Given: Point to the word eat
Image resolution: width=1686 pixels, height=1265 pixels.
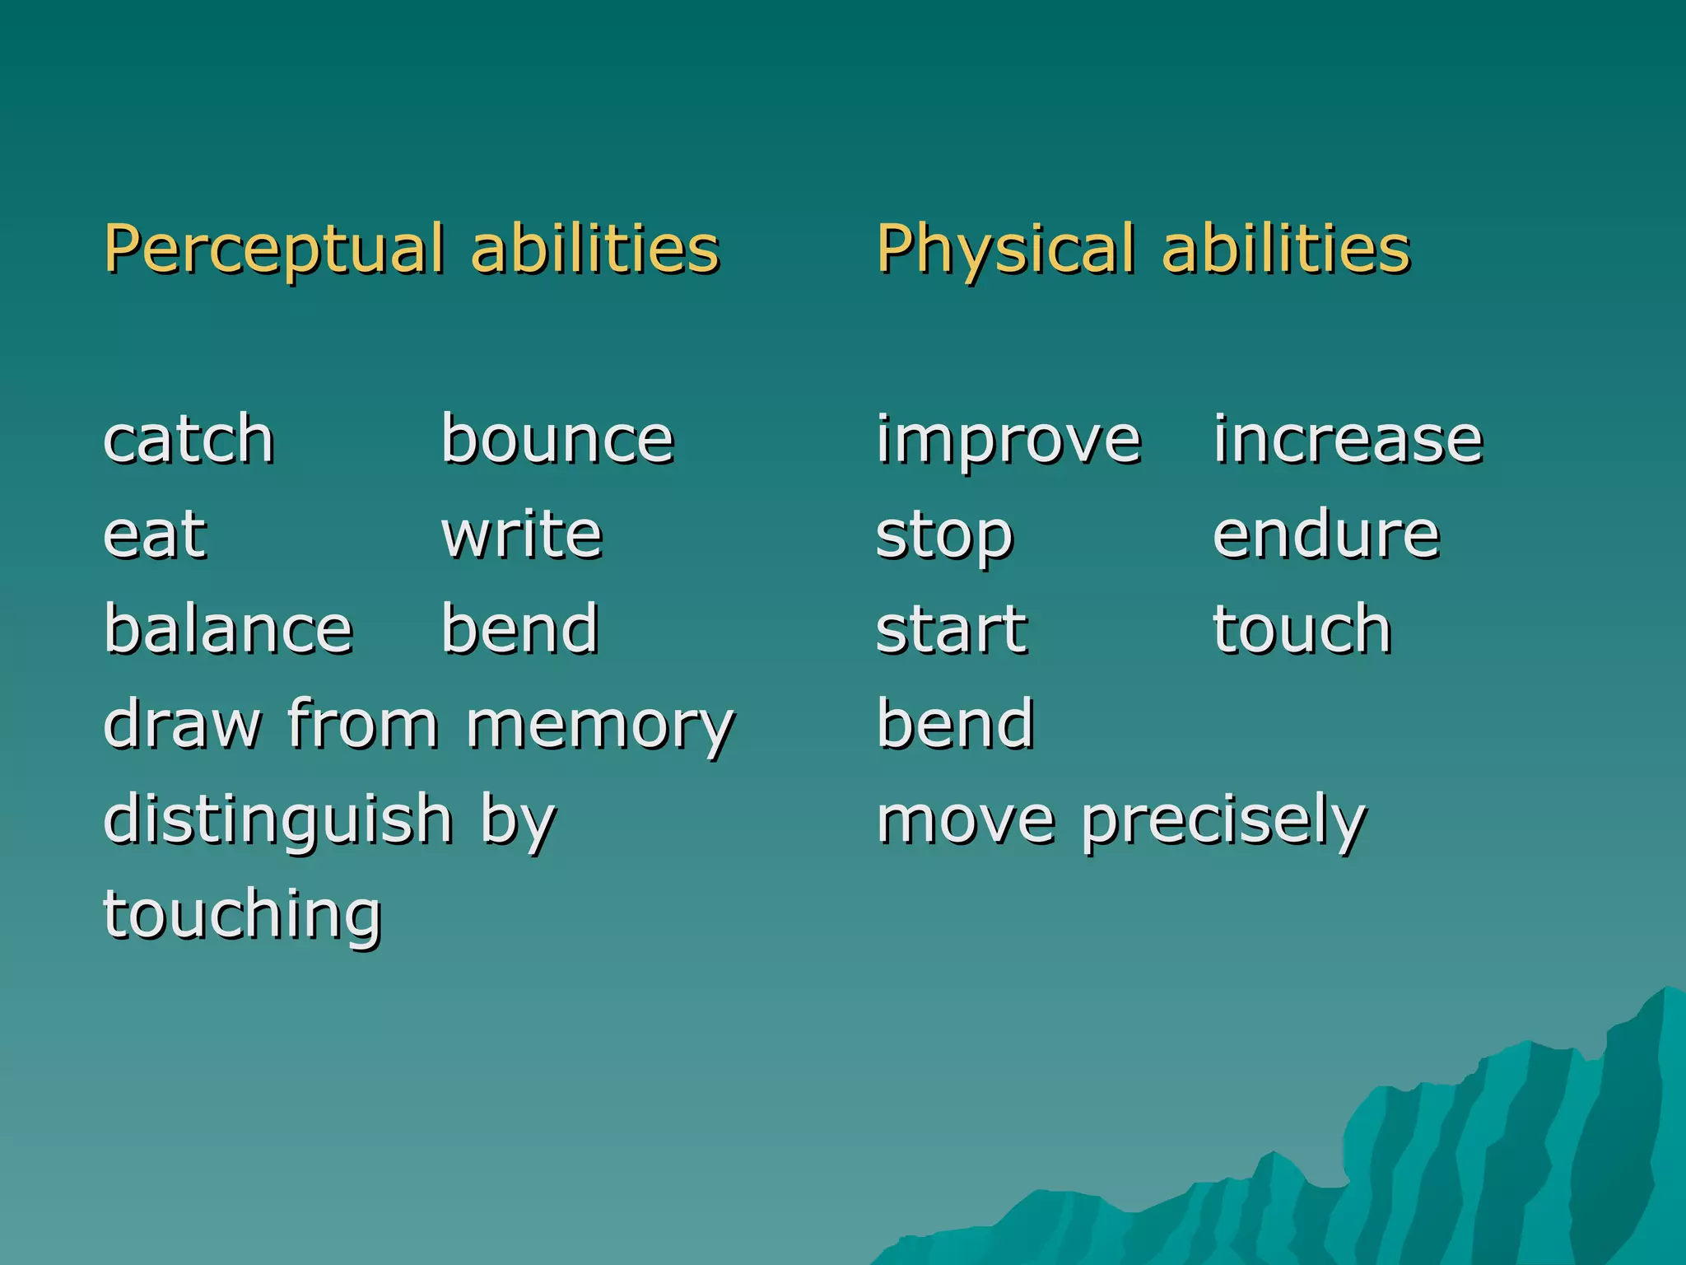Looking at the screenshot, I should pyautogui.click(x=155, y=534).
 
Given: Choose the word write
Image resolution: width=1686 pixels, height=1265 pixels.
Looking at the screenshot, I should pyautogui.click(x=522, y=534).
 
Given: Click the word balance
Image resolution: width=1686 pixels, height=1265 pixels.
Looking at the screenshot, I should pyautogui.click(x=229, y=629).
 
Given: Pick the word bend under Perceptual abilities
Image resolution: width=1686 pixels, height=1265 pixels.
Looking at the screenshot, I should pyautogui.click(x=519, y=629).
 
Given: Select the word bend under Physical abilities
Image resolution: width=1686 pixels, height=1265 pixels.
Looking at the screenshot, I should pyautogui.click(x=955, y=724).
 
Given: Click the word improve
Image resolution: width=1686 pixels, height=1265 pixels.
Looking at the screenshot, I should pyautogui.click(x=1008, y=441).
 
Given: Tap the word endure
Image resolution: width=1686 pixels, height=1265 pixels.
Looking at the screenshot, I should pyautogui.click(x=1326, y=534).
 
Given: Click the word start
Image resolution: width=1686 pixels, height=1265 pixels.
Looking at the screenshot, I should pyautogui.click(x=952, y=631).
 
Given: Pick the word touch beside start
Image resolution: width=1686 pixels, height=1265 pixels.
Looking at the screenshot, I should pyautogui.click(x=1302, y=629).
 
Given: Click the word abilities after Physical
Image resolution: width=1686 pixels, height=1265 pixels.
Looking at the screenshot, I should pyautogui.click(x=1286, y=250).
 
